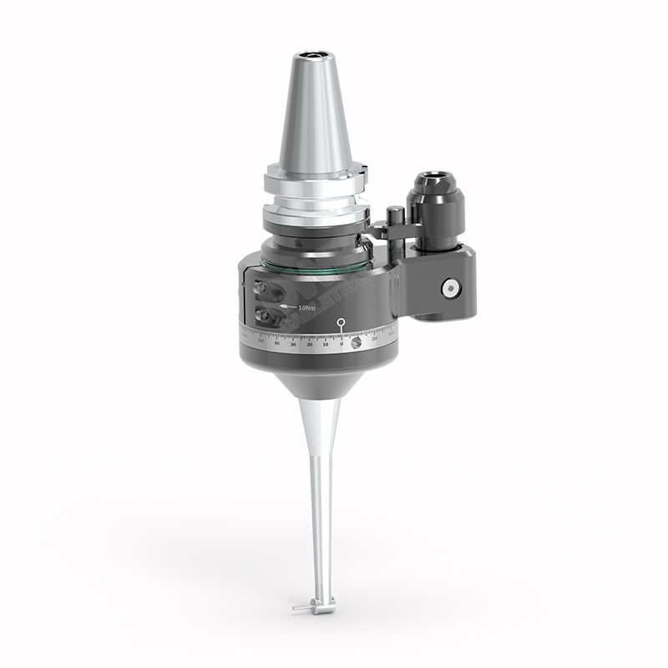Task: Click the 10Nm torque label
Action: pos(306,308)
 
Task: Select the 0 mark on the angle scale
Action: pos(342,342)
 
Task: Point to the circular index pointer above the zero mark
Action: pos(342,322)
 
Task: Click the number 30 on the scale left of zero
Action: pos(293,343)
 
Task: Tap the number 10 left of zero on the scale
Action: pos(326,343)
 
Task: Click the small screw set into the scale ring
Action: pos(357,342)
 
